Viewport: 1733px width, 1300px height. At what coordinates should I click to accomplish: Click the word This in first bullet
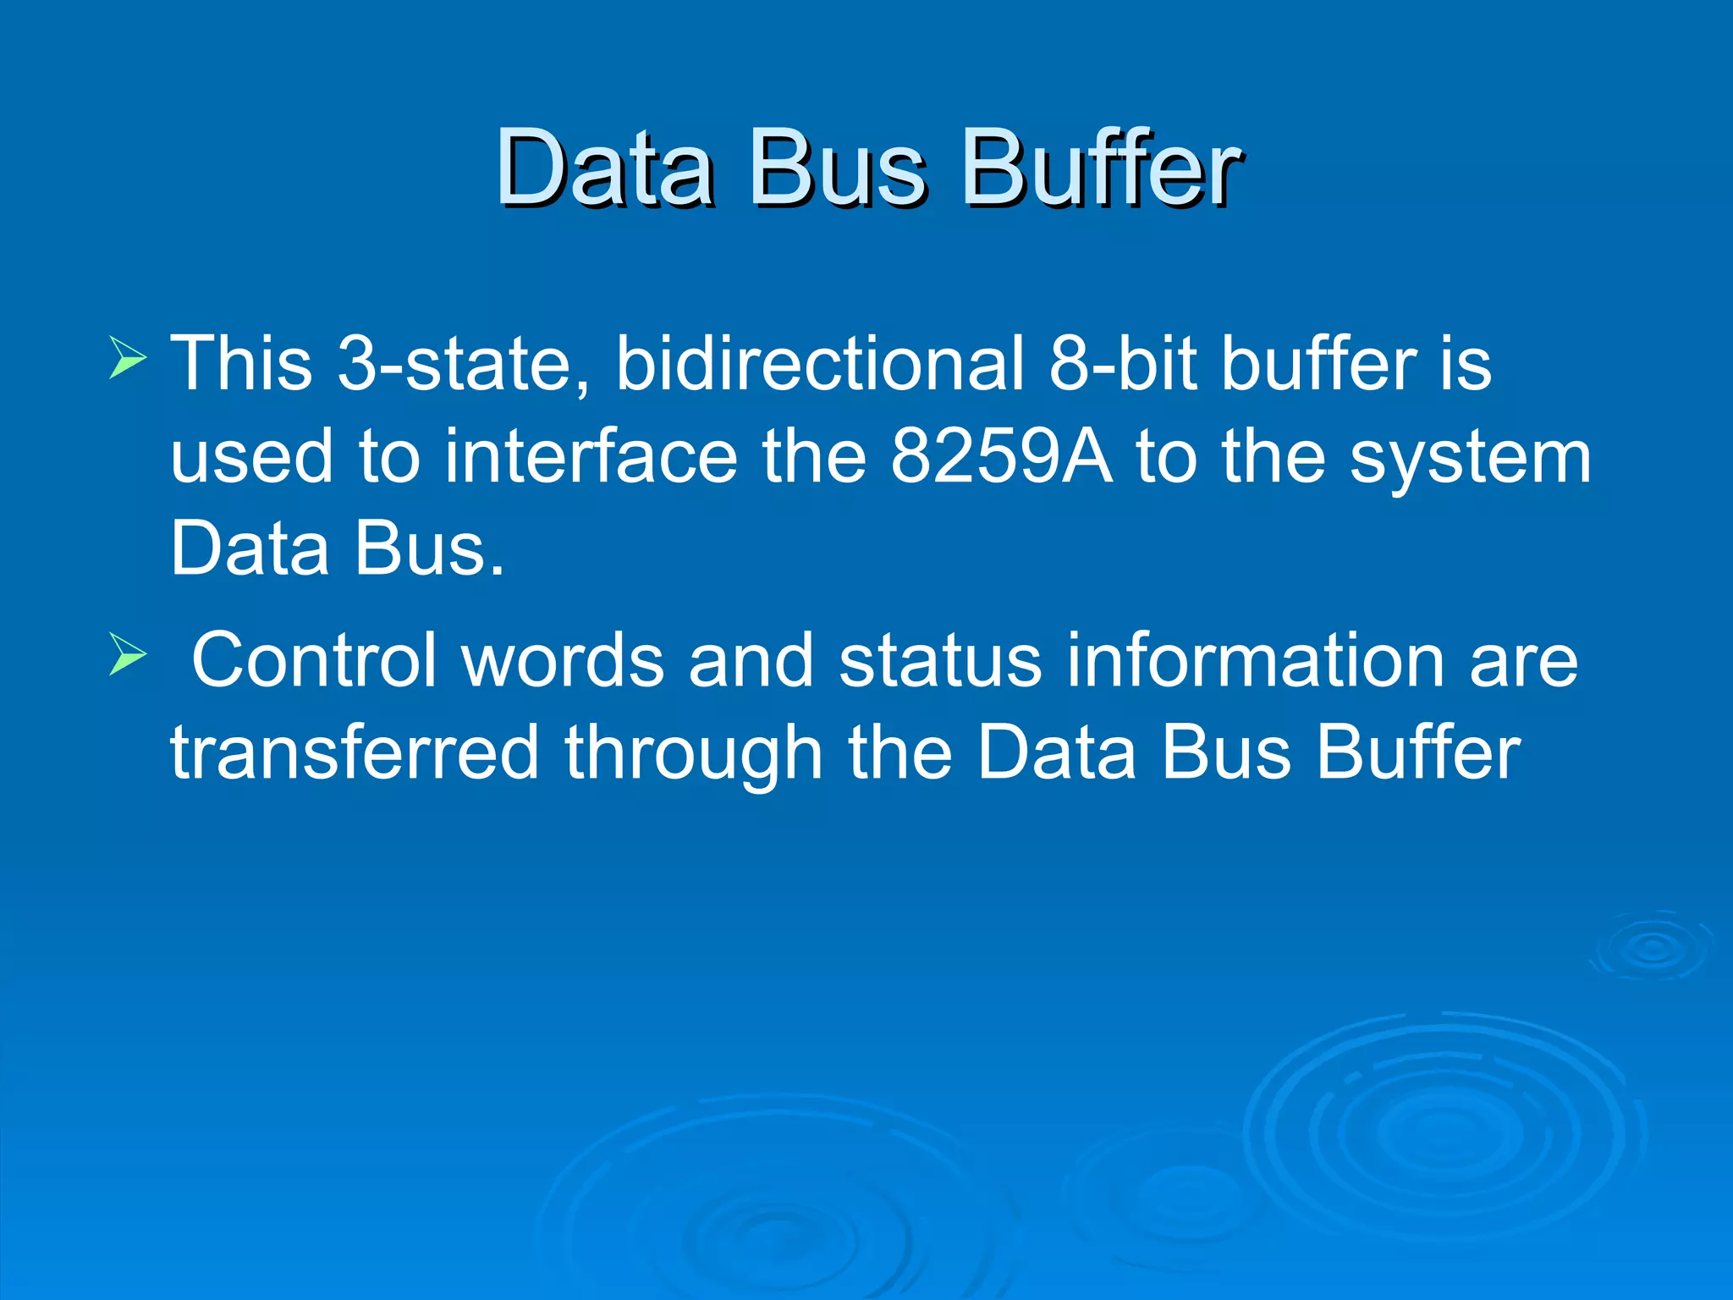pos(242,363)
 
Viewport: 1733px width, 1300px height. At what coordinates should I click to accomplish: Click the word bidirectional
pos(819,363)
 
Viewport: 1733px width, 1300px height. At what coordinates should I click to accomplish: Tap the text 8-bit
pos(1122,363)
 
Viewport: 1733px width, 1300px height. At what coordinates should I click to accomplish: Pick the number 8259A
pos(1001,456)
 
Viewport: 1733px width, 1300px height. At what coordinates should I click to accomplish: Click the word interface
pos(591,456)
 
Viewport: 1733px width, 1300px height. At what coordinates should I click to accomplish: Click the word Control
pos(314,660)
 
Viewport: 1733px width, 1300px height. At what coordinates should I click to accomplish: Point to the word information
pos(1255,660)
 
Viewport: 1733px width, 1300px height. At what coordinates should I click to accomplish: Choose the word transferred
pos(355,752)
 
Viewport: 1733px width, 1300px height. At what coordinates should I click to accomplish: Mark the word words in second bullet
pos(563,660)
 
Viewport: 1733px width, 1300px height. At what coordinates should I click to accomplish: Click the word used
pos(252,456)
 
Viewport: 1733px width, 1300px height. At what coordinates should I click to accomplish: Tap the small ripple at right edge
pos(1651,946)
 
